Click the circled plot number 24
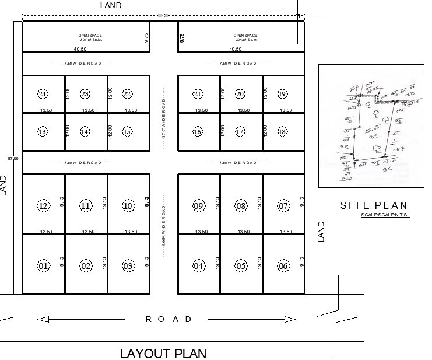click(x=43, y=94)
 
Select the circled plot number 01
click(x=43, y=266)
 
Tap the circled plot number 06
click(x=284, y=266)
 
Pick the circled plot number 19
click(x=283, y=94)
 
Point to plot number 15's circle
click(x=128, y=131)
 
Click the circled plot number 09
click(x=198, y=205)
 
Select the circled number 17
click(x=240, y=131)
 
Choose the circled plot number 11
click(x=86, y=205)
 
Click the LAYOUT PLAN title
click(x=163, y=353)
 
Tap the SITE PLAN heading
click(x=374, y=205)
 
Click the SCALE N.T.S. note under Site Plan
click(x=385, y=216)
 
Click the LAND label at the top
click(x=111, y=5)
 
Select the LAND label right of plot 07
click(x=320, y=231)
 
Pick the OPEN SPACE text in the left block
click(x=90, y=36)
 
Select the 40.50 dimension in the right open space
click(x=236, y=49)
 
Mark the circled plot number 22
click(x=128, y=94)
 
